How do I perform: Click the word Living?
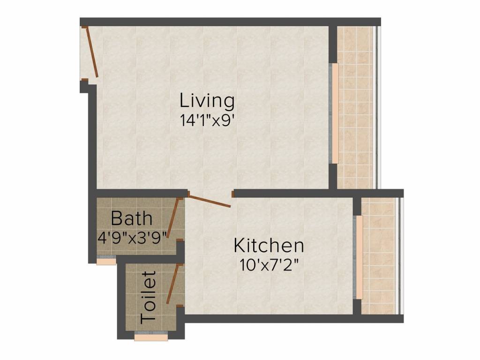207,101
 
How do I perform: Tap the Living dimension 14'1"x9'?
207,120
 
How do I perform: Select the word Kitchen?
269,246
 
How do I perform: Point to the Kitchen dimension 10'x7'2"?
269,263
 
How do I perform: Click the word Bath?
132,218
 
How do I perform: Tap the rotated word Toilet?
148,297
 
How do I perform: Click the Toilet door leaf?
172,284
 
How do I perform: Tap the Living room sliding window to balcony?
335,112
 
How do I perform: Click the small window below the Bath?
106,261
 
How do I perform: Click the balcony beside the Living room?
355,108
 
